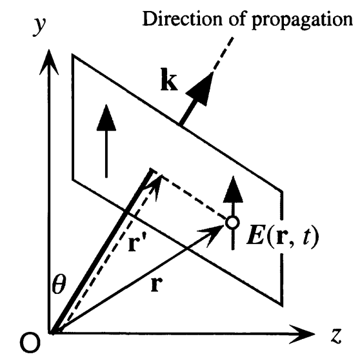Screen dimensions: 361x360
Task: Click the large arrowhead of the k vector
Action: [x=203, y=83]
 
